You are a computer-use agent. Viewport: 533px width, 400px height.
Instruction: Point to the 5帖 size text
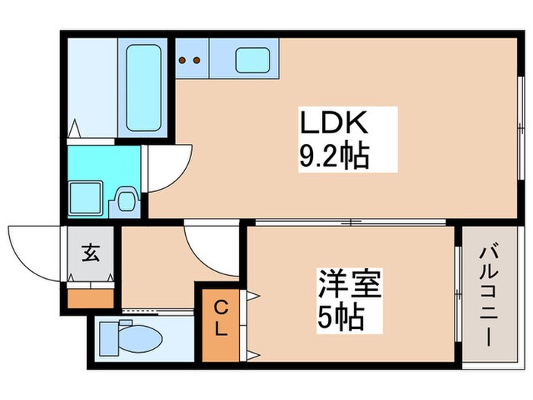pyautogui.click(x=340, y=315)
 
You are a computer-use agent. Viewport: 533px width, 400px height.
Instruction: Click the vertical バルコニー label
pyautogui.click(x=487, y=295)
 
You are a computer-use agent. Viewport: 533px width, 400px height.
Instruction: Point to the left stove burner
pyautogui.click(x=183, y=59)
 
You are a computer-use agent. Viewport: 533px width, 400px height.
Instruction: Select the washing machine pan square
pyautogui.click(x=86, y=197)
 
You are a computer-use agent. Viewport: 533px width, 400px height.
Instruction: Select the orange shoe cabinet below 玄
pyautogui.click(x=90, y=296)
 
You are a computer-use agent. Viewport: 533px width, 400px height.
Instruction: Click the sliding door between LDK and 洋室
pyautogui.click(x=350, y=222)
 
